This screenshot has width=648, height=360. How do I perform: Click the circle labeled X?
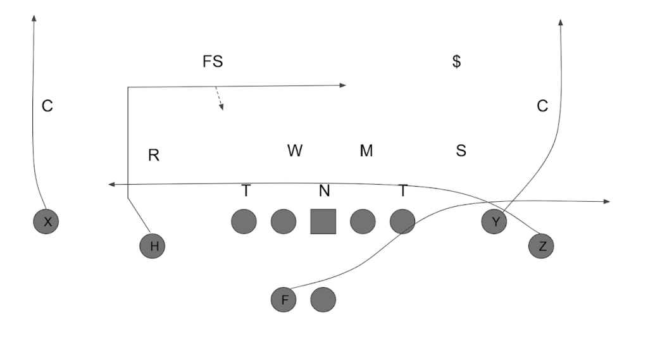(x=46, y=221)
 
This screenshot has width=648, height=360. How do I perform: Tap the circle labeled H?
(x=153, y=245)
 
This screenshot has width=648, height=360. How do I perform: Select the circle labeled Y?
(x=494, y=221)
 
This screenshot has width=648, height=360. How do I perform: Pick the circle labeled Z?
(x=541, y=246)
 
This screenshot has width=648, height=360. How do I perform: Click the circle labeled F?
(x=283, y=299)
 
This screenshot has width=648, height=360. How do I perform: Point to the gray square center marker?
(x=323, y=221)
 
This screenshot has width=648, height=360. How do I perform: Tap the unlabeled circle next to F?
(x=323, y=299)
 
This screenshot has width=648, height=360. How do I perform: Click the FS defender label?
(x=213, y=62)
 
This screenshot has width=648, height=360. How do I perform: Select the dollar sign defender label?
(x=456, y=62)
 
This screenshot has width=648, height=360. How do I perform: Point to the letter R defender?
(x=153, y=155)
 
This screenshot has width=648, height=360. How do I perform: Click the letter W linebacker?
(x=295, y=151)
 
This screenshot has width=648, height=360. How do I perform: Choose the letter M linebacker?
(x=366, y=151)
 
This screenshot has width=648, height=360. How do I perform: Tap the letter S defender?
(x=461, y=151)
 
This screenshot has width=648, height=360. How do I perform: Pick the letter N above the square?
(x=324, y=190)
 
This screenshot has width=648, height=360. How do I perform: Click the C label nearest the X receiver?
(x=47, y=106)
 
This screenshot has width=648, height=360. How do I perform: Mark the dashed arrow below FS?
(x=219, y=99)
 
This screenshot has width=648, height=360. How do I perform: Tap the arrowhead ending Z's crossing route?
(x=111, y=184)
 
